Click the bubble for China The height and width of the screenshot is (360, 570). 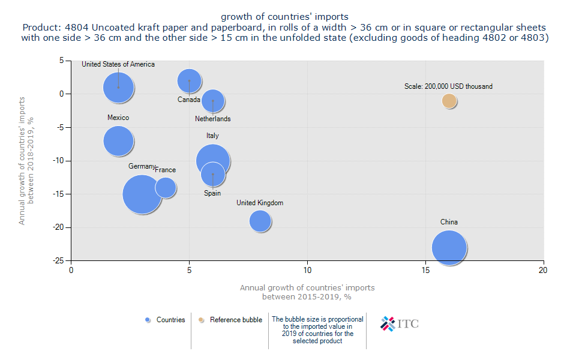449,248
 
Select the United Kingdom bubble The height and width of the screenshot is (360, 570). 260,221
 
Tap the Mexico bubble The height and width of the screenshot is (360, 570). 118,141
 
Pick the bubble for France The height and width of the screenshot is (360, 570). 166,187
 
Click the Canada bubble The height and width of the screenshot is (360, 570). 189,80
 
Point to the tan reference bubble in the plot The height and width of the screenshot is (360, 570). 449,101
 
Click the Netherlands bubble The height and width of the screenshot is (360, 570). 213,101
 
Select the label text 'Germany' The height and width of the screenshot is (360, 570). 142,166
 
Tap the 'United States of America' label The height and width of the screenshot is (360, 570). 118,64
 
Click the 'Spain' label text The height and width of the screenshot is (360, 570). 212,193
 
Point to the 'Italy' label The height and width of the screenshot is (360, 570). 212,136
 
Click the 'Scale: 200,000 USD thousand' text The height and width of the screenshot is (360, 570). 448,86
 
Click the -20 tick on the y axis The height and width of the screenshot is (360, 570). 61,227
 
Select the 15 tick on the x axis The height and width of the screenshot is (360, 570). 425,270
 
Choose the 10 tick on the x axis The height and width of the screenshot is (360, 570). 307,270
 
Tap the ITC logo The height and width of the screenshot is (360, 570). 400,323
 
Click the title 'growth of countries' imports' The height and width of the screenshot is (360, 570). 284,16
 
